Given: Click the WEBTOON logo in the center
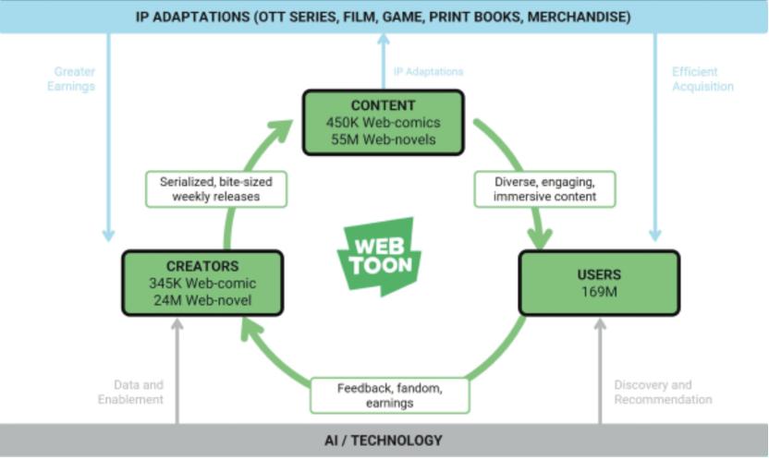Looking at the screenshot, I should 379,255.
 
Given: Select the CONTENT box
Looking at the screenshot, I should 382,121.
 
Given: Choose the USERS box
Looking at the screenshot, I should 599,284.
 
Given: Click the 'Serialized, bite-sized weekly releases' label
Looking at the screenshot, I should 214,189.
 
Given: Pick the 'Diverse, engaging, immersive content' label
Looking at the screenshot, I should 545,189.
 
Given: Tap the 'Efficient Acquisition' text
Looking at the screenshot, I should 702,79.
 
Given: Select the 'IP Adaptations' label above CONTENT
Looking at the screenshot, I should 428,71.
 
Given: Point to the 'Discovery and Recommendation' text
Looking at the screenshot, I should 662,393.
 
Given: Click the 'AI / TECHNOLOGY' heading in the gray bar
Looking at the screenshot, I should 384,441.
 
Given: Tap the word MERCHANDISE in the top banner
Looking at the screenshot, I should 579,17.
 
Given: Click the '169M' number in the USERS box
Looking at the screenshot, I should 598,293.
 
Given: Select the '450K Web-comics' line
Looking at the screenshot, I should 382,122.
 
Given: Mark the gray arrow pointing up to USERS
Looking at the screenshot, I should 600,369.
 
